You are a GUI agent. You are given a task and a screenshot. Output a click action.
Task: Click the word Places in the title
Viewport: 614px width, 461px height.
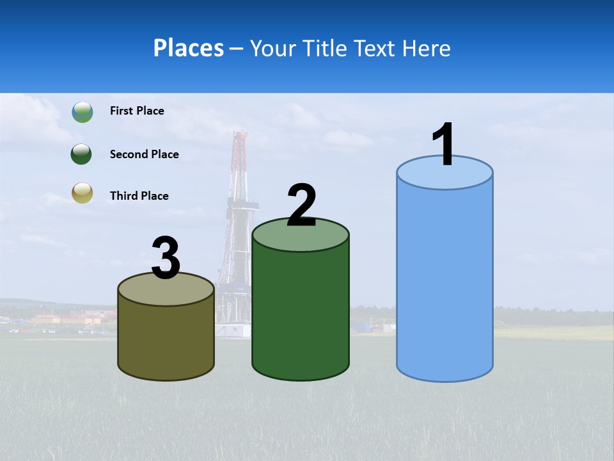[x=189, y=48]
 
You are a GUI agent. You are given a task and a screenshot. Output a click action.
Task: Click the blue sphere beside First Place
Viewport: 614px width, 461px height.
[x=82, y=112]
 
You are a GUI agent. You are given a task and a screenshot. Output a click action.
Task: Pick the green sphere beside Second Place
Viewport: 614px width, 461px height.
[x=82, y=154]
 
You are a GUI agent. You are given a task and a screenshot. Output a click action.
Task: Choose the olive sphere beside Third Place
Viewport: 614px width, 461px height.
[x=82, y=193]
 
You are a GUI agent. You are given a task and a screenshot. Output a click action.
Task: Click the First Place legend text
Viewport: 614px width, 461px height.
[x=137, y=111]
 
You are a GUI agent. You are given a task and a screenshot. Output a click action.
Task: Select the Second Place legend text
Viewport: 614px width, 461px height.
[x=144, y=154]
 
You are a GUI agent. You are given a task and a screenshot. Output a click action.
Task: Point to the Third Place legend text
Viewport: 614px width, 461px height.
[x=139, y=196]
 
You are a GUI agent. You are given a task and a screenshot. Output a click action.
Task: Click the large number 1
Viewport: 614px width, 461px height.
[x=444, y=145]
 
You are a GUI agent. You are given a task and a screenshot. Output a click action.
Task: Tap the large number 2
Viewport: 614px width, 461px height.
[x=301, y=206]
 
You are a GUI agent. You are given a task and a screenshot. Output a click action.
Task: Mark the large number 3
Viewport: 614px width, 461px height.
[x=166, y=259]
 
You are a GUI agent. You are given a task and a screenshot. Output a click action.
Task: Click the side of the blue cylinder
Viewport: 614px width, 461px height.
[x=445, y=282]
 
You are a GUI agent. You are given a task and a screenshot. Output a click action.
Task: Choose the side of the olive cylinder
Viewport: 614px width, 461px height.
[x=166, y=339]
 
